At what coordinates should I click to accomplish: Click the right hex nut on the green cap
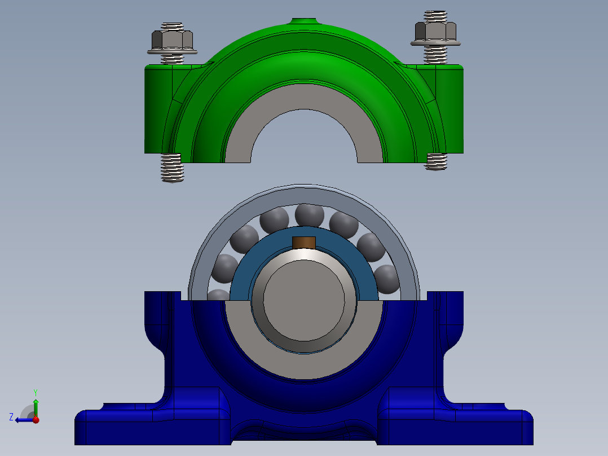[x=435, y=30]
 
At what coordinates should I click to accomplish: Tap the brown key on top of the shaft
[x=304, y=243]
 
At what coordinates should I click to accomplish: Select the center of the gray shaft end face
[x=304, y=301]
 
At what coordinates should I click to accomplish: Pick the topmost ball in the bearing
[x=309, y=215]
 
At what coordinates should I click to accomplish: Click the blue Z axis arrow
[x=23, y=419]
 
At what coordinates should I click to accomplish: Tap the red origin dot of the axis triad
[x=36, y=419]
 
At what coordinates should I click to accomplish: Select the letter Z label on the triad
[x=11, y=416]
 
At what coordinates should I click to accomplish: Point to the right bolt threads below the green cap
[x=436, y=161]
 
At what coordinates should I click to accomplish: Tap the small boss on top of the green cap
[x=304, y=21]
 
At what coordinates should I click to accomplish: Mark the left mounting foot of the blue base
[x=113, y=426]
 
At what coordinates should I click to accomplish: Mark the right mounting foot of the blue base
[x=496, y=426]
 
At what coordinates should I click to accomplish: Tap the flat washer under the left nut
[x=173, y=52]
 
